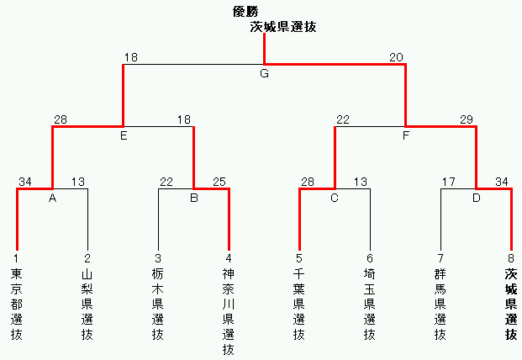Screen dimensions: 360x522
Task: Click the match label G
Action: point(264,74)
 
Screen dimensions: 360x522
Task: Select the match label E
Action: point(124,136)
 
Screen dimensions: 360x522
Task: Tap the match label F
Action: point(406,136)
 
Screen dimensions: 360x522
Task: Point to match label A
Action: point(52,199)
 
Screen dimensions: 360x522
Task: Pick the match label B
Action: point(194,199)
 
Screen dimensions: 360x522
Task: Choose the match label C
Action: point(335,199)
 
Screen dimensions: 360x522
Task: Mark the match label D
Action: point(477,199)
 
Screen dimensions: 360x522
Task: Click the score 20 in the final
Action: point(396,57)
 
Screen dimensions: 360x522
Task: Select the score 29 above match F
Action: point(467,120)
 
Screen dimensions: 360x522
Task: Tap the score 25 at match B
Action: point(219,182)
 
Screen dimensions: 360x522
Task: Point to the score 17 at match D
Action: point(448,182)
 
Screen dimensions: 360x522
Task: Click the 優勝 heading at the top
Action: point(246,11)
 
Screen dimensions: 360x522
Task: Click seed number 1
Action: point(16,258)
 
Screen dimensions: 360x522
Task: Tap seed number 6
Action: point(369,258)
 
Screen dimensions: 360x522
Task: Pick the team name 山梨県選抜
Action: point(87,304)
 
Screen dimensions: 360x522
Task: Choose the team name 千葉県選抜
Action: point(299,304)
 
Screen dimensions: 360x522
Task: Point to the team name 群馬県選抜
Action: point(440,304)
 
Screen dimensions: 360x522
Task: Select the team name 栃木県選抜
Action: point(158,304)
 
